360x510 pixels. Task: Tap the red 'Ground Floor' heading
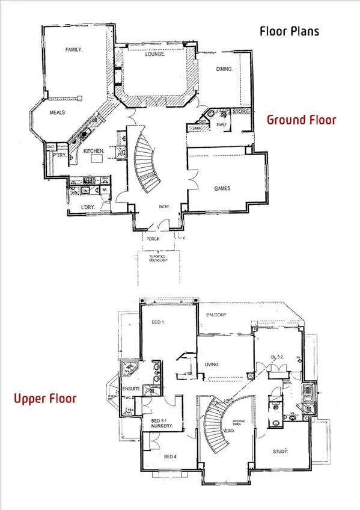(301, 120)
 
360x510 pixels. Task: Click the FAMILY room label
(73, 51)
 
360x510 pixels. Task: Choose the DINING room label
(225, 69)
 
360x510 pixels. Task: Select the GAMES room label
(223, 188)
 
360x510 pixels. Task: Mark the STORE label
(240, 111)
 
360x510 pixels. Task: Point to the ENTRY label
(165, 207)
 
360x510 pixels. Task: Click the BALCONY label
(216, 315)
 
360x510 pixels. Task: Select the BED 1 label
(159, 322)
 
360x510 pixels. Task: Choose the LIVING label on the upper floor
(211, 364)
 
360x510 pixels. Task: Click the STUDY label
(280, 450)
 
